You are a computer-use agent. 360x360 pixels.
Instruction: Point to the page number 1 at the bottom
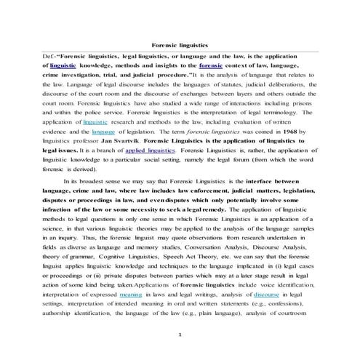180,334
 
